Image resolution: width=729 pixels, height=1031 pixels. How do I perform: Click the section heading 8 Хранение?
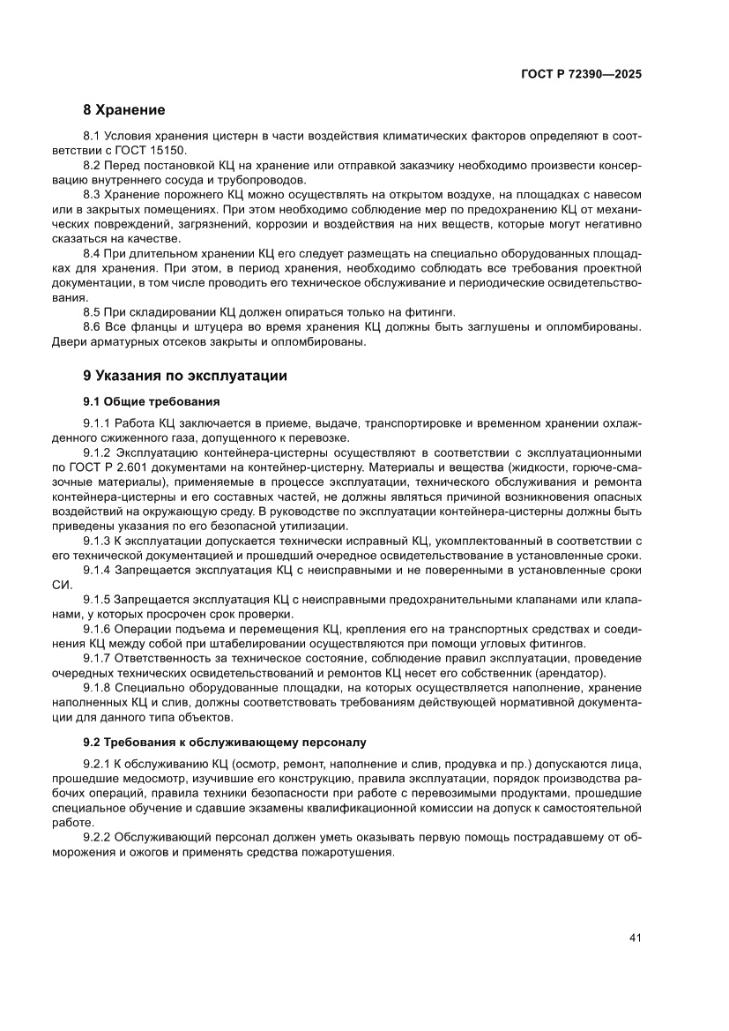point(123,110)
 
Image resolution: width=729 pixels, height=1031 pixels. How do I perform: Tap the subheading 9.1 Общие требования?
point(139,400)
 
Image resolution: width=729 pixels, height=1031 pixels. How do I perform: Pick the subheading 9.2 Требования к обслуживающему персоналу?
point(224,742)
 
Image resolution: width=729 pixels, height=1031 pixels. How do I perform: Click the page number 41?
point(634,938)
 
